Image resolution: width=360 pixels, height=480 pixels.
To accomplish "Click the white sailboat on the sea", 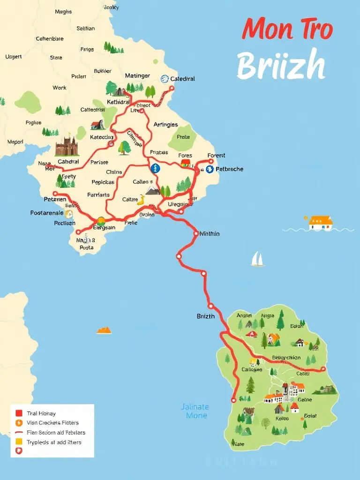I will [257, 259].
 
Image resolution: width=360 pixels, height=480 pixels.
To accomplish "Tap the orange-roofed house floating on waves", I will [321, 222].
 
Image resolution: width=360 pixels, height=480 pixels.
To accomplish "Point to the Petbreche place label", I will [229, 169].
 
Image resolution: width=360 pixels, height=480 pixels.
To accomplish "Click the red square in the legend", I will [19, 413].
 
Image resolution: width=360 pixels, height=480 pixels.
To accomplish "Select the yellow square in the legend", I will [19, 442].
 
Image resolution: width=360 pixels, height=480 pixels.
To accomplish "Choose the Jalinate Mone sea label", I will [195, 411].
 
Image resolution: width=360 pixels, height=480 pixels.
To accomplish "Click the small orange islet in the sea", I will [104, 330].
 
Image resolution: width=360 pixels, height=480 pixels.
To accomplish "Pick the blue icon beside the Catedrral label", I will [165, 79].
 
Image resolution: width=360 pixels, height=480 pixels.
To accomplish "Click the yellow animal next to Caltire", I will [141, 201].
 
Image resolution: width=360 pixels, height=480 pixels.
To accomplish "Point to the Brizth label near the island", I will [205, 316].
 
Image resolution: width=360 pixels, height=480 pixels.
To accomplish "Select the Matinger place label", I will [137, 75].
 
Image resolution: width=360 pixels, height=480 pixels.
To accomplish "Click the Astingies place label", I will [165, 124].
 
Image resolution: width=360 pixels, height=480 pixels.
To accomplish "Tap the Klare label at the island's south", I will [238, 443].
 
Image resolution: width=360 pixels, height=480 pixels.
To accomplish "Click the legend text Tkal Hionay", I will [41, 413].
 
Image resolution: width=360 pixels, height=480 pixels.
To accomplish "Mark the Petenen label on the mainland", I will [55, 199].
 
